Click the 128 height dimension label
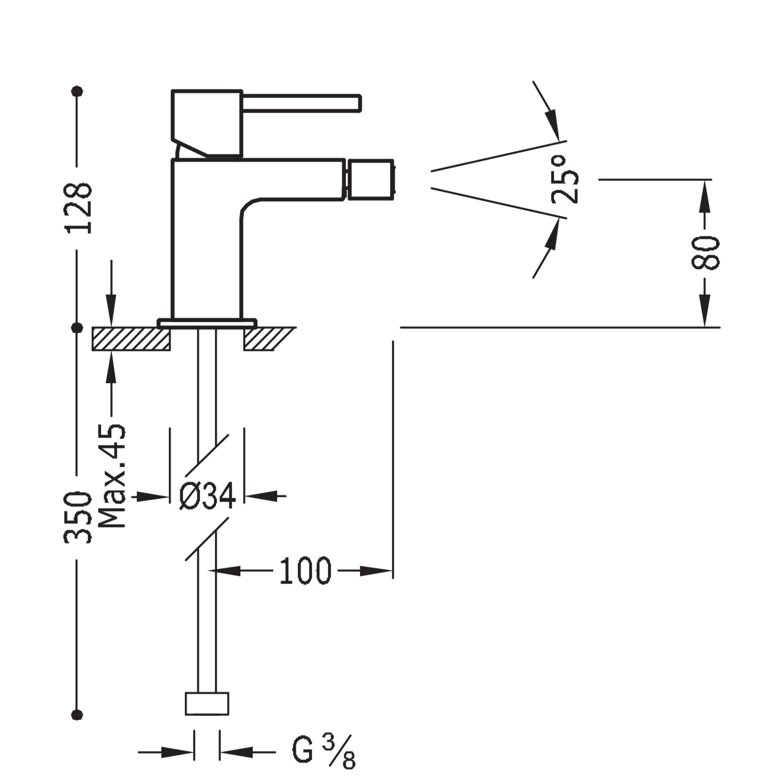pyautogui.click(x=79, y=208)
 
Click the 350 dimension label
pyautogui.click(x=78, y=517)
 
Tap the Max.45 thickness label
pyautogui.click(x=112, y=476)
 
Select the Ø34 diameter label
pyautogui.click(x=207, y=496)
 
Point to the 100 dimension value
pyautogui.click(x=305, y=571)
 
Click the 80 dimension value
pyautogui.click(x=705, y=252)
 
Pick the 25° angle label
pyautogui.click(x=565, y=179)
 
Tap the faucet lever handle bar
pyautogui.click(x=301, y=103)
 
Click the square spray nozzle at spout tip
pyautogui.click(x=371, y=180)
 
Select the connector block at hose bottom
pyautogui.click(x=207, y=703)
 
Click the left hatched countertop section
pyautogui.click(x=131, y=339)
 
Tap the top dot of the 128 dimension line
pyautogui.click(x=78, y=91)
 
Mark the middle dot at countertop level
pyautogui.click(x=78, y=327)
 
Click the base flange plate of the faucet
pyautogui.click(x=207, y=323)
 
